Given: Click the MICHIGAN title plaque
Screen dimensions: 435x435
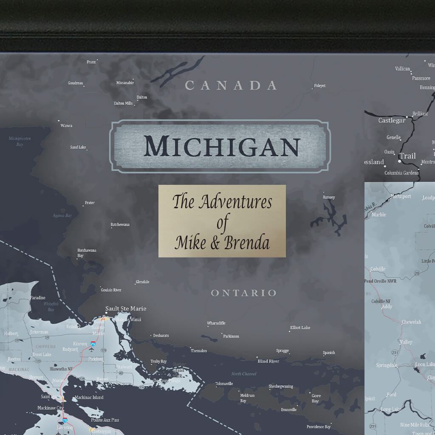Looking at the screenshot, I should coord(220,146).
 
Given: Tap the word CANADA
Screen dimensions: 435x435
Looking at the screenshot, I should coord(231,85).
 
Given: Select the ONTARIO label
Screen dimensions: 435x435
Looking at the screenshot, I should coord(243,293).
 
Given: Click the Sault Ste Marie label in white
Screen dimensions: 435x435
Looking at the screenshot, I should coord(126,308).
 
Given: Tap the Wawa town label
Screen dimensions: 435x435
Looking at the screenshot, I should coord(66,125).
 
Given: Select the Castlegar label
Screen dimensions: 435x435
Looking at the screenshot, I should coord(392,120).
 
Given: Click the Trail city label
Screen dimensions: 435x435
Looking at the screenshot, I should coord(407,156).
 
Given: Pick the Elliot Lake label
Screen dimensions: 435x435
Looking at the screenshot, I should coord(300,328).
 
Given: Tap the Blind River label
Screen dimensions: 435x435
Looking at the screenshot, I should coord(268,361).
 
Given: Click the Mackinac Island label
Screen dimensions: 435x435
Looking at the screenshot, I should coord(89,398).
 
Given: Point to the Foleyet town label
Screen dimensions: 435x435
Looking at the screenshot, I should coord(319,86).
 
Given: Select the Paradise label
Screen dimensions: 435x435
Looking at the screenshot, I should coord(37,298).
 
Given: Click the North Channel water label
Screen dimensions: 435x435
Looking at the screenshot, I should coord(244,374).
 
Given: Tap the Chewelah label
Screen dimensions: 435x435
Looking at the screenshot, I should coord(411,322).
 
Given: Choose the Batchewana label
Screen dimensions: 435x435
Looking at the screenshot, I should coord(120,224).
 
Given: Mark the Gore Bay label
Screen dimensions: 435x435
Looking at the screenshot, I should coord(315,398).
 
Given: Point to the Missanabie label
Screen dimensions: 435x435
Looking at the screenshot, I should coord(125,83).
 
